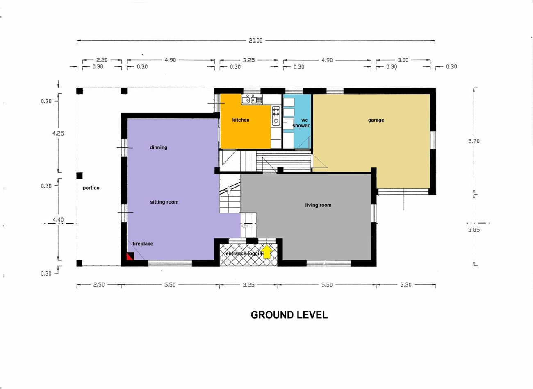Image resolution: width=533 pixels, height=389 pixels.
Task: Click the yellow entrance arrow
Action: tap(267, 252)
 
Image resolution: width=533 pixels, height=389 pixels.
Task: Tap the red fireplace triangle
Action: tap(129, 257)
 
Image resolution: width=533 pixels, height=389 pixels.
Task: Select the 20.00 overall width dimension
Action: tap(255, 41)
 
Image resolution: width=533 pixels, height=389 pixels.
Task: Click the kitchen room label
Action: tap(241, 120)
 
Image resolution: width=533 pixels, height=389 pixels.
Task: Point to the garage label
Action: tap(376, 120)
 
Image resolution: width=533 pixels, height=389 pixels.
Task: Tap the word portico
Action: tap(91, 188)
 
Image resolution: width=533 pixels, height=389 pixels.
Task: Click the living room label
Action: tap(319, 205)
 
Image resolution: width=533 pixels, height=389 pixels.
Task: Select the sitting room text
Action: tap(164, 202)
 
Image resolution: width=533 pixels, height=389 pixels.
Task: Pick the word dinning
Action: tap(159, 147)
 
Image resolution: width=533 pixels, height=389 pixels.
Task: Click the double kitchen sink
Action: tap(252, 100)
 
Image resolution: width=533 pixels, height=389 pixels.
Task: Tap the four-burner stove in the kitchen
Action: tap(276, 112)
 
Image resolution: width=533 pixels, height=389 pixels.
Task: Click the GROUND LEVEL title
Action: tap(289, 315)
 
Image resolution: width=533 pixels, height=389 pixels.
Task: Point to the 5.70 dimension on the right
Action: tap(474, 141)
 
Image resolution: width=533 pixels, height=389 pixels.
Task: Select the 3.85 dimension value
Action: tap(474, 230)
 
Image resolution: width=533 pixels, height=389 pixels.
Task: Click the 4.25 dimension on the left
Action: tap(58, 133)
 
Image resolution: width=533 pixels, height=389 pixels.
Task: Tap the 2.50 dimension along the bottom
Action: tap(99, 285)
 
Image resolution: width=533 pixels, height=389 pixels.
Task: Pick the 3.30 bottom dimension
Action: tap(406, 285)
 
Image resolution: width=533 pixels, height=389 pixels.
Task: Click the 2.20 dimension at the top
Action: tap(102, 60)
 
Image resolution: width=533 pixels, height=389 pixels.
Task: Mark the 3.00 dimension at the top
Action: tap(403, 60)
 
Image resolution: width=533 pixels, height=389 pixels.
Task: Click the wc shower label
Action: tap(301, 123)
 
